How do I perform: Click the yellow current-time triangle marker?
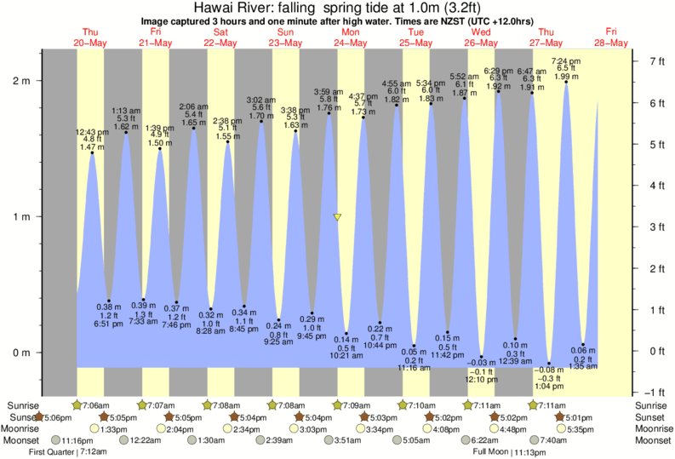tap(337, 218)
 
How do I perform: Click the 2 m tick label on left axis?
tap(20, 82)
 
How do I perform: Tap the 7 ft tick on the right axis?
tap(655, 61)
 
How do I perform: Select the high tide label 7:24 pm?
tap(567, 61)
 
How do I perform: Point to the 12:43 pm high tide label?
tap(91, 131)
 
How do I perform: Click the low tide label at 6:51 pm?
tap(109, 324)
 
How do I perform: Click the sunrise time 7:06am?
tap(95, 405)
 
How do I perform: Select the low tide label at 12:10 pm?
tap(481, 379)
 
